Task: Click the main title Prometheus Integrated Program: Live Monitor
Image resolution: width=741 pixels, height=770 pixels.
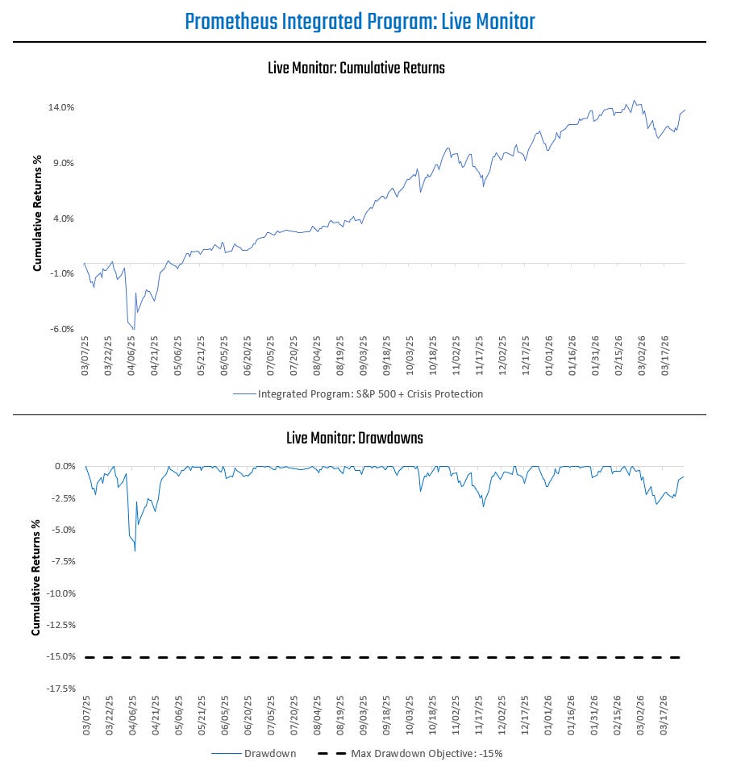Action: (x=360, y=22)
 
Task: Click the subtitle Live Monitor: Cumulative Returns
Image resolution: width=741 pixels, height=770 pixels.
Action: (x=356, y=69)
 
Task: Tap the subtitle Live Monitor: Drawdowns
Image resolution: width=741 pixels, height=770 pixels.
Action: (x=355, y=439)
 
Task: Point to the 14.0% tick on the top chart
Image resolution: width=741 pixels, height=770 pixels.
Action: (x=62, y=107)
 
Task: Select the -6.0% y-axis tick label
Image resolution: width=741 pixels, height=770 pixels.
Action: (x=62, y=329)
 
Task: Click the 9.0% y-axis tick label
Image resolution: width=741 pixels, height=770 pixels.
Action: (x=63, y=163)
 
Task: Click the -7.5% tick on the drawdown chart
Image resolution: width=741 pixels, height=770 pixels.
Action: (x=61, y=562)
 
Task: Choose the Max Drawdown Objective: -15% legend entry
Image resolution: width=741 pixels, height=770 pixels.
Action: (x=427, y=754)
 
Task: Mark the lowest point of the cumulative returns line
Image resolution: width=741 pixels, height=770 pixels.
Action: (x=134, y=329)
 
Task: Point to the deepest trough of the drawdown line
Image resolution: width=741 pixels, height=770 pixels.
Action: (x=135, y=551)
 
